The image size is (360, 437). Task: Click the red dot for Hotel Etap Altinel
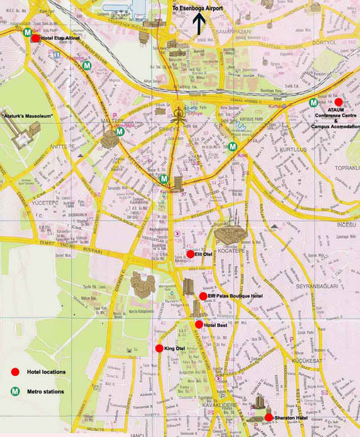tap(35, 38)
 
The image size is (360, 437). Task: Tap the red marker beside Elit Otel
tap(190, 254)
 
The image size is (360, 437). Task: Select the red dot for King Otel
tap(159, 348)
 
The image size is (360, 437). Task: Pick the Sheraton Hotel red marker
tap(268, 417)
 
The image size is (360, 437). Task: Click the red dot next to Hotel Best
tap(199, 324)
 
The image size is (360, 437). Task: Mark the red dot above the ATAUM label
tap(338, 102)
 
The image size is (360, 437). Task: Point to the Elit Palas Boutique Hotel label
tap(235, 296)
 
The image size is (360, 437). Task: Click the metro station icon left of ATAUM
tap(313, 102)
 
